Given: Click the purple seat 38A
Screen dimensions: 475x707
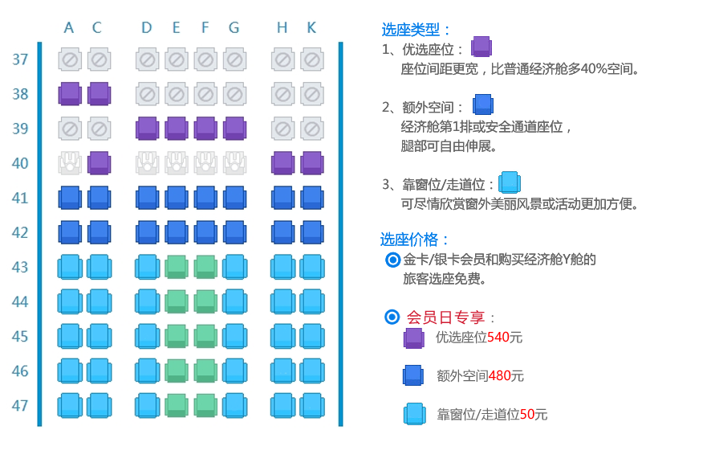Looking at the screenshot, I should [70, 94].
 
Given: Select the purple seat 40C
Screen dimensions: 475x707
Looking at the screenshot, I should [99, 163].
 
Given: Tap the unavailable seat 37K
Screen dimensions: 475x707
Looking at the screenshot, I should [311, 59].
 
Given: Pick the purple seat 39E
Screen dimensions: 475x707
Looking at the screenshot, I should [176, 129].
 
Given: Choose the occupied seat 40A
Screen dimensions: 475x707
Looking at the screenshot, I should [70, 163].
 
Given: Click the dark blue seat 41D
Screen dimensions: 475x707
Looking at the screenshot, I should [147, 198].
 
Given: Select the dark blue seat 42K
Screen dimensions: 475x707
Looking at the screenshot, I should [311, 232].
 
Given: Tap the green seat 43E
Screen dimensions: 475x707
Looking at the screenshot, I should [176, 267].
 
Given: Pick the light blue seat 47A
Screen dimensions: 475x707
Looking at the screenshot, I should [70, 405].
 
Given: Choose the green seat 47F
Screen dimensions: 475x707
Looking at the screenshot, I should [205, 405].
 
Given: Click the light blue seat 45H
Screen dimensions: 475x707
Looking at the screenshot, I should [282, 336].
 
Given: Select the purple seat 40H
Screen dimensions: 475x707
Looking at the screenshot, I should [282, 163].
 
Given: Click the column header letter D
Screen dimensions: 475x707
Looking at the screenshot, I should [146, 28].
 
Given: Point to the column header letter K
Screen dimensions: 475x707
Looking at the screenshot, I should [311, 28].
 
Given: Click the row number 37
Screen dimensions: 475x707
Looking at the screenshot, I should [21, 59].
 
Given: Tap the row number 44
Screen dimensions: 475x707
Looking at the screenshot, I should [21, 301].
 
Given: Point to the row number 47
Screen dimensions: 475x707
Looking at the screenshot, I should [21, 405].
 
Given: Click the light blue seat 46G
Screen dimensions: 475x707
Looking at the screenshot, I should [234, 371].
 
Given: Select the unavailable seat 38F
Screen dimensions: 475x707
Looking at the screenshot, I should [205, 94].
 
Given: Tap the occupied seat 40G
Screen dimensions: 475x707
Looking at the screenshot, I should [234, 163].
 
